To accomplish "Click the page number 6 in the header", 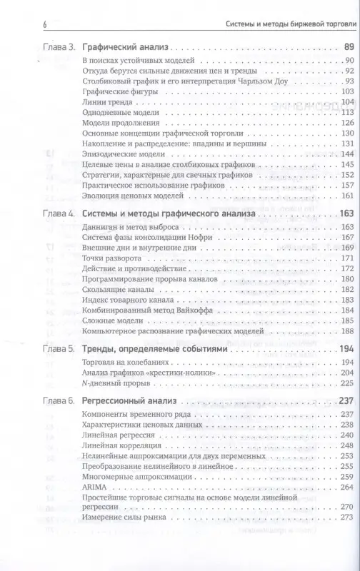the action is [x=25, y=26].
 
